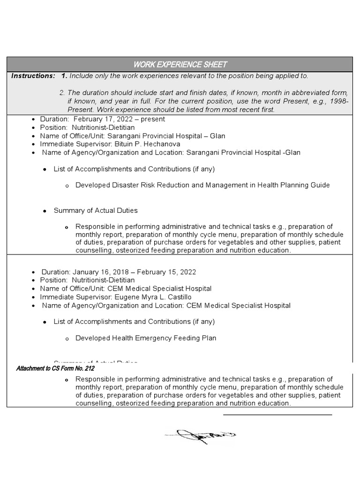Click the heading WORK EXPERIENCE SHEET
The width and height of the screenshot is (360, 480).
(180, 64)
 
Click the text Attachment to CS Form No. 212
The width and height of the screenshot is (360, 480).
(55, 368)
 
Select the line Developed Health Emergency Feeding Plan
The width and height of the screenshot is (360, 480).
(146, 338)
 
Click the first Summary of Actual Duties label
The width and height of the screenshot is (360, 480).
(96, 210)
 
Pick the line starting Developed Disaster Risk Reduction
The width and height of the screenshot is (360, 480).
(202, 185)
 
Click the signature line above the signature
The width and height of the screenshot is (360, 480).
(277, 415)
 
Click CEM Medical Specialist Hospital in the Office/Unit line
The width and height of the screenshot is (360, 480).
(159, 289)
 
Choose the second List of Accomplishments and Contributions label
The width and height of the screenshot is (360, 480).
(134, 322)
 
